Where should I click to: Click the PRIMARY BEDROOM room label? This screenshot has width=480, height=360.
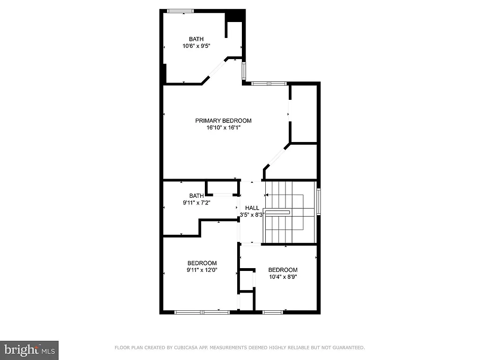[x=223, y=120]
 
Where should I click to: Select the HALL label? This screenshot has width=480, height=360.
[x=252, y=208]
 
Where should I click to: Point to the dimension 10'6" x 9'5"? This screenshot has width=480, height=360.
[x=196, y=46]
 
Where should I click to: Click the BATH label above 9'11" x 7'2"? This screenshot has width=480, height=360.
[x=196, y=196]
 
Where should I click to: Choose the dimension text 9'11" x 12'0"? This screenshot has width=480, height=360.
[x=202, y=270]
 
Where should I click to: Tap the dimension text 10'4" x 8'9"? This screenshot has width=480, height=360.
[x=283, y=277]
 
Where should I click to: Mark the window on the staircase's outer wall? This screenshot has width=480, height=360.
[x=318, y=202]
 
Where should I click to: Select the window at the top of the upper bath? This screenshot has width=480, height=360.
[x=180, y=11]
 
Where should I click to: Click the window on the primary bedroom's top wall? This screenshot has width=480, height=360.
[x=269, y=83]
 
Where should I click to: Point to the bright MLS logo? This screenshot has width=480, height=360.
[x=29, y=350]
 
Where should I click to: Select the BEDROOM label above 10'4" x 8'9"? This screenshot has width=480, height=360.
[x=283, y=270]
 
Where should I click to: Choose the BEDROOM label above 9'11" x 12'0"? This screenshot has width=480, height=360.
[x=202, y=263]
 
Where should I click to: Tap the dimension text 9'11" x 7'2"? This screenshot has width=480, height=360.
[x=196, y=203]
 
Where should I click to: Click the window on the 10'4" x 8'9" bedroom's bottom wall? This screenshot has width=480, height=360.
[x=273, y=311]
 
